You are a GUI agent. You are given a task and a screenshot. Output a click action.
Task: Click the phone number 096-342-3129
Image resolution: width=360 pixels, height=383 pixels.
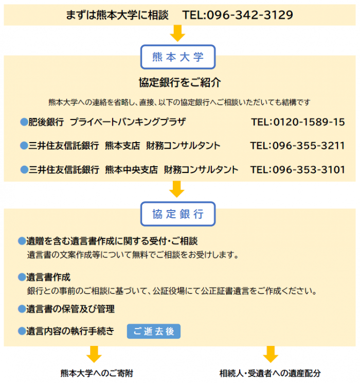(x=250, y=15)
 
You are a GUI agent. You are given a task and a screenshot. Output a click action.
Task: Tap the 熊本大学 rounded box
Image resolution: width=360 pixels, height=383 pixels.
(x=178, y=57)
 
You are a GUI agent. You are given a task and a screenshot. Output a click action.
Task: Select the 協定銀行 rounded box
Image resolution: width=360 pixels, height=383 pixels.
(x=178, y=214)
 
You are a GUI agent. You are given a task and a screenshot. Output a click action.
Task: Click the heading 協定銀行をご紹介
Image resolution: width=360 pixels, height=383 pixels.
(x=180, y=82)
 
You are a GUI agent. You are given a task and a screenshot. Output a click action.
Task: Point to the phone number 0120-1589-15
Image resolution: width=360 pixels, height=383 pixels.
(x=309, y=122)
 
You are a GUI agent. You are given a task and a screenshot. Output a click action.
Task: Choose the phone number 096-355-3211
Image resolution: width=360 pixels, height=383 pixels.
(x=309, y=146)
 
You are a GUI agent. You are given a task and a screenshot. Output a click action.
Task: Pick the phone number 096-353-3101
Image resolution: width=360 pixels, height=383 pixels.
(x=309, y=169)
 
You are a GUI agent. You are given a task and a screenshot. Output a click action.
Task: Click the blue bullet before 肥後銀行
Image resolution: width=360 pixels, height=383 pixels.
(x=24, y=121)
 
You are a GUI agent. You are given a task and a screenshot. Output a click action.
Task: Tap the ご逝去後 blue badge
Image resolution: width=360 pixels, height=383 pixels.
(x=154, y=331)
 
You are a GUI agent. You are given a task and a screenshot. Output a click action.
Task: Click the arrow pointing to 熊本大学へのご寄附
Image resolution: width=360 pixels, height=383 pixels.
(x=94, y=354)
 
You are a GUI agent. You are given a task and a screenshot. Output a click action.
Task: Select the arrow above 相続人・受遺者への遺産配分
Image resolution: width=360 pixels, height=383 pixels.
(x=271, y=354)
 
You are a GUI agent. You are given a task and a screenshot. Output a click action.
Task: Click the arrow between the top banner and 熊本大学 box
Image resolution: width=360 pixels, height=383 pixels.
(x=177, y=33)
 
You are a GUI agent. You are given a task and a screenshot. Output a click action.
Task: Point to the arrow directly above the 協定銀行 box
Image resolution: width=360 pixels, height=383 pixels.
(x=177, y=189)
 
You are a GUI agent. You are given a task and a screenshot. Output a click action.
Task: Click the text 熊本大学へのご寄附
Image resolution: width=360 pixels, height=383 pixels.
(x=97, y=373)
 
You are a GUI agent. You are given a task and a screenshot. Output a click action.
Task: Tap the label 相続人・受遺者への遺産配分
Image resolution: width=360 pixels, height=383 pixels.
(x=270, y=373)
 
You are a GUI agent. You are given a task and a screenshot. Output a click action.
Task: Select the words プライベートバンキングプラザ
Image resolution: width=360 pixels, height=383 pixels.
(x=128, y=122)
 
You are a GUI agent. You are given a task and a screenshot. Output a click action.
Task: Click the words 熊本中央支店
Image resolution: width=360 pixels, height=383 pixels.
(x=131, y=169)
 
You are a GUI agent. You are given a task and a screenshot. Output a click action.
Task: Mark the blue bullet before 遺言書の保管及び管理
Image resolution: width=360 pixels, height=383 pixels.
(x=22, y=309)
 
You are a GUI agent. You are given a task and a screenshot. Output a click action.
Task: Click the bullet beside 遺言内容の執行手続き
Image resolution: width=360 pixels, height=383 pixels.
(x=22, y=331)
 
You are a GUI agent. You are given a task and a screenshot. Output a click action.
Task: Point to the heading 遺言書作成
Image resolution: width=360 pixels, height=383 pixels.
(x=48, y=277)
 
